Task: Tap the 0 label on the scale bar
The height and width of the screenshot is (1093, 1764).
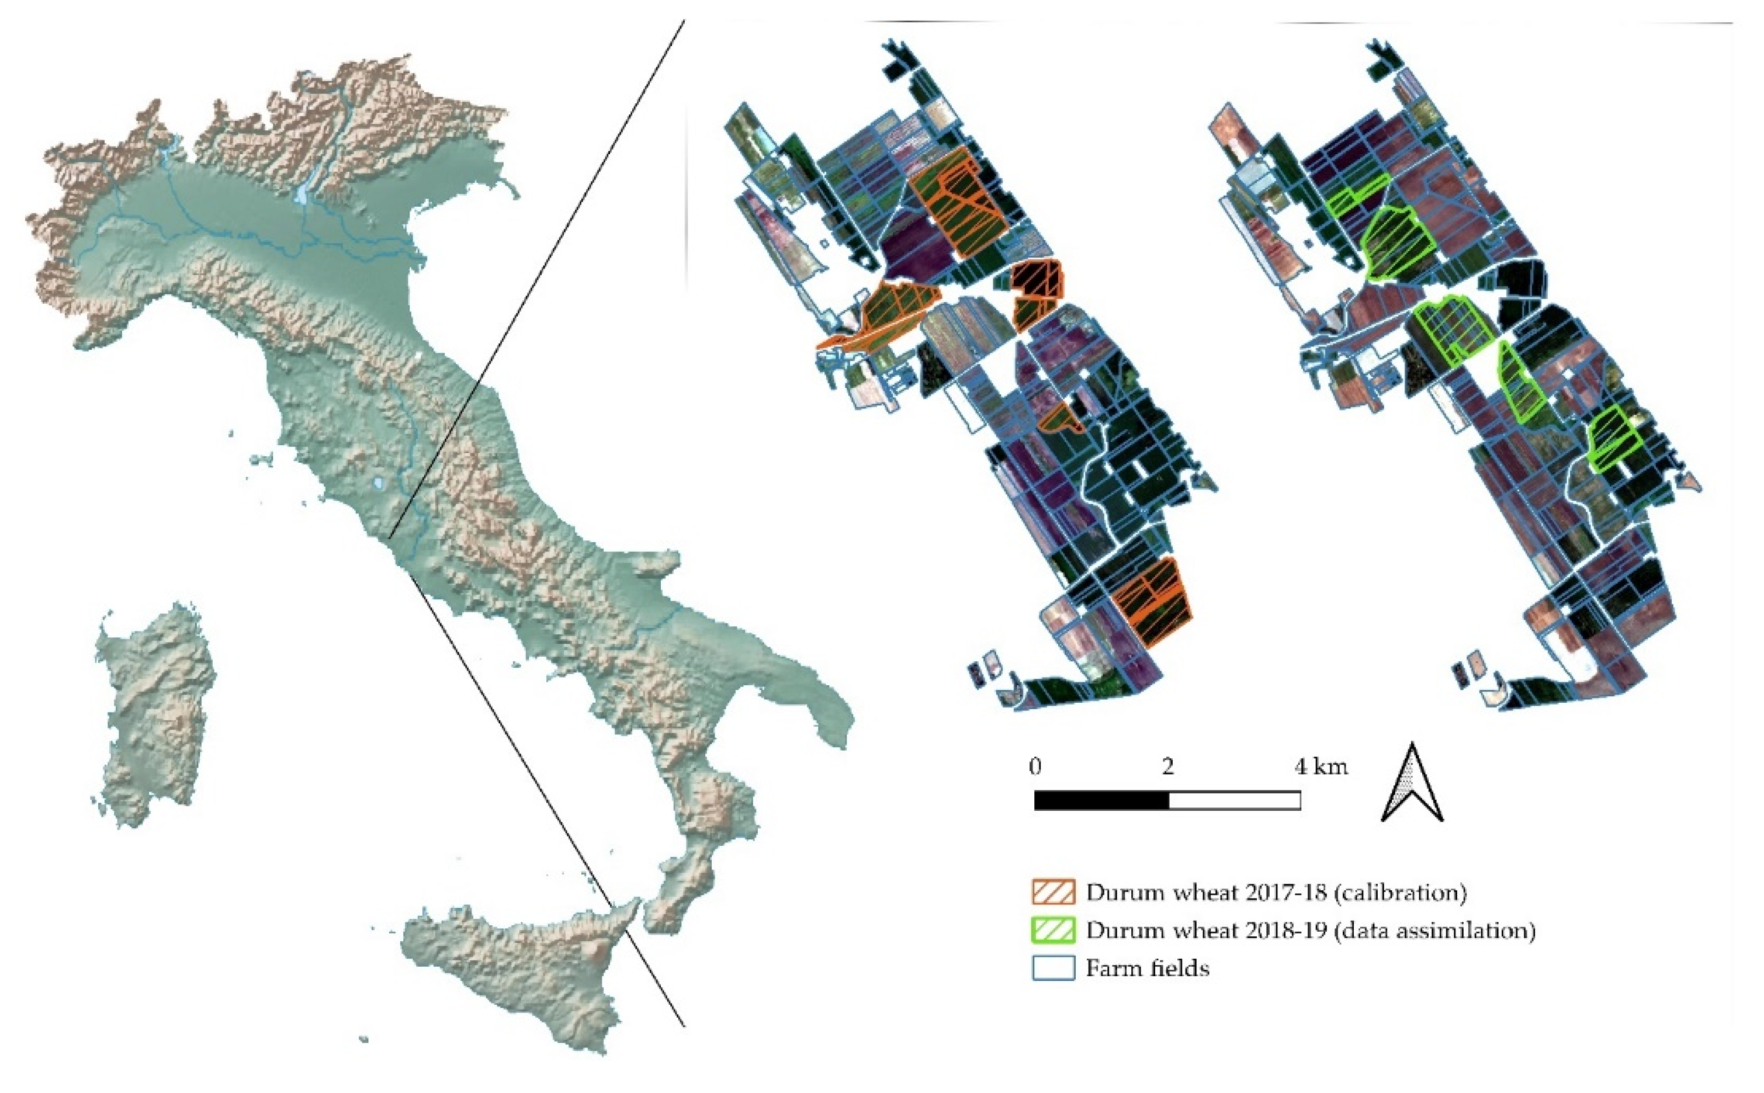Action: tap(1035, 766)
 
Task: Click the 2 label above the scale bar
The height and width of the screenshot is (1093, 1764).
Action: tap(1167, 766)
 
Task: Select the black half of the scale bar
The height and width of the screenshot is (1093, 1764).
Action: tap(1101, 800)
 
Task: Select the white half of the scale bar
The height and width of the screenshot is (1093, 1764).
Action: tap(1234, 800)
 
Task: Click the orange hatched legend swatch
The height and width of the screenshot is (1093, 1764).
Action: tap(1053, 892)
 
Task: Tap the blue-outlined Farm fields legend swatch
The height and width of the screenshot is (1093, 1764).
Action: tap(1053, 968)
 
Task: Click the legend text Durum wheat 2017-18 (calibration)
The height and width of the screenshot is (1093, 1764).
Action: tap(1276, 892)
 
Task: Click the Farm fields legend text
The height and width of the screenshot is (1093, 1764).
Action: tap(1148, 968)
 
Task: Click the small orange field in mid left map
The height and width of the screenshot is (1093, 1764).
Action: tap(1059, 419)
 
